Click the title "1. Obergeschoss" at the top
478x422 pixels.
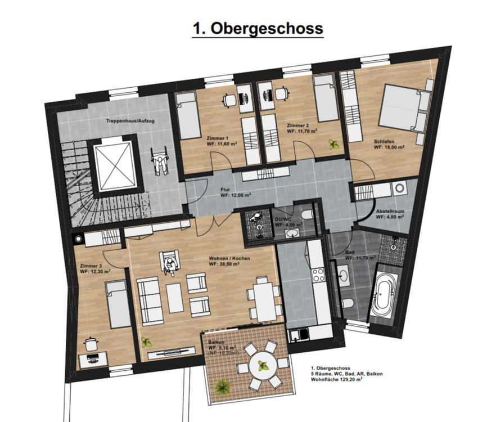tap(258, 29)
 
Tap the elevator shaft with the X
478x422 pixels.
tap(115, 167)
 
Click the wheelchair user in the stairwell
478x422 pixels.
tap(160, 160)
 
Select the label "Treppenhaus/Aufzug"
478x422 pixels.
tap(130, 121)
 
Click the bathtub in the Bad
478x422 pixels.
tap(385, 293)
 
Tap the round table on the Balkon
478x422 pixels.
tap(263, 366)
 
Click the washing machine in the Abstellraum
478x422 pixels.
tap(399, 188)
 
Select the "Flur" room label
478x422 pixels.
tap(225, 190)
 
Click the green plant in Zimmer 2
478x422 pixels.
tap(334, 144)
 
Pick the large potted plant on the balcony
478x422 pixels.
tap(222, 387)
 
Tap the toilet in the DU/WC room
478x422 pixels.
tap(306, 214)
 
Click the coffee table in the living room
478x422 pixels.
tap(175, 298)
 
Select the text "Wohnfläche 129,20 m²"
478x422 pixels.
tap(336, 380)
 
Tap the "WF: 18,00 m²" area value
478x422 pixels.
tap(389, 147)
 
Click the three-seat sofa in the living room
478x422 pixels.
tap(150, 300)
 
